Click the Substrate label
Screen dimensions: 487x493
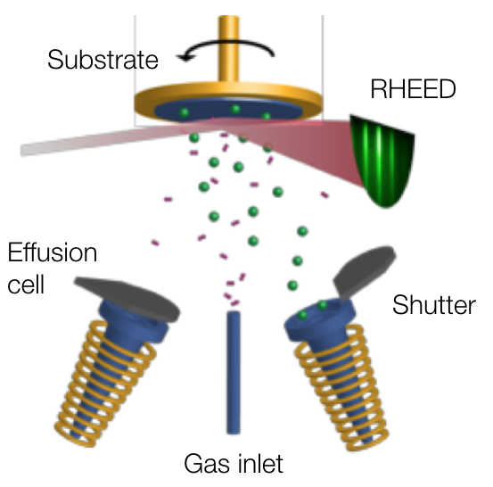click(x=103, y=60)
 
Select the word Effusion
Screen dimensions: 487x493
click(x=53, y=252)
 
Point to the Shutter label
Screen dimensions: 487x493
click(x=433, y=305)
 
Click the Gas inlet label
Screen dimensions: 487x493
click(x=233, y=464)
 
